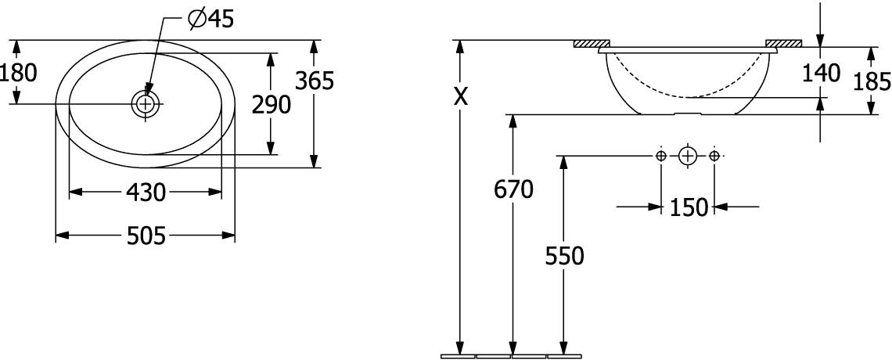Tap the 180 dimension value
[18, 73]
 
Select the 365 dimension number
[315, 80]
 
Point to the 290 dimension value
[271, 103]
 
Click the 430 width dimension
[145, 192]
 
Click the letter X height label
[462, 97]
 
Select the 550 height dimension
[563, 256]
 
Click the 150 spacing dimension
[688, 207]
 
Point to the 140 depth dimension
[820, 73]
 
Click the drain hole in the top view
[146, 103]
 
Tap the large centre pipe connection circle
[687, 156]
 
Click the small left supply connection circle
[661, 156]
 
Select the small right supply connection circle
[714, 156]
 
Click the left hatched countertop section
[592, 44]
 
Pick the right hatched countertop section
[783, 44]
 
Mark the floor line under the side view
[511, 356]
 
